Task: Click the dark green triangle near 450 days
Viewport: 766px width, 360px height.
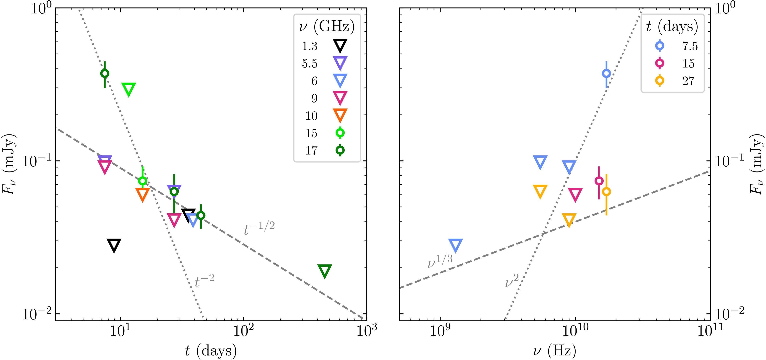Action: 325,271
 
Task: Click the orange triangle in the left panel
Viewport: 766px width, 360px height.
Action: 142,194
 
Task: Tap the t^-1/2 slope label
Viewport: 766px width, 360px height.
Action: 259,229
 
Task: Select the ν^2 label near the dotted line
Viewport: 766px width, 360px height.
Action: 512,281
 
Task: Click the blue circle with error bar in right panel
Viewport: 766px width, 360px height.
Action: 606,73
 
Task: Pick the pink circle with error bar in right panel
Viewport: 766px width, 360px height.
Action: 599,181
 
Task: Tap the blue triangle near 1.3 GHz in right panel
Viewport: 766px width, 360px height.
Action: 455,245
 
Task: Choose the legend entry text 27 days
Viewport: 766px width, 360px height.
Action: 688,81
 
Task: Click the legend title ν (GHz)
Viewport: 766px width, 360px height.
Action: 327,27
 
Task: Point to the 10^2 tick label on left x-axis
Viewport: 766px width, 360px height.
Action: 243,332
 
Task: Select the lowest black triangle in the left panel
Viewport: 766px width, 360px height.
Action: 114,245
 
